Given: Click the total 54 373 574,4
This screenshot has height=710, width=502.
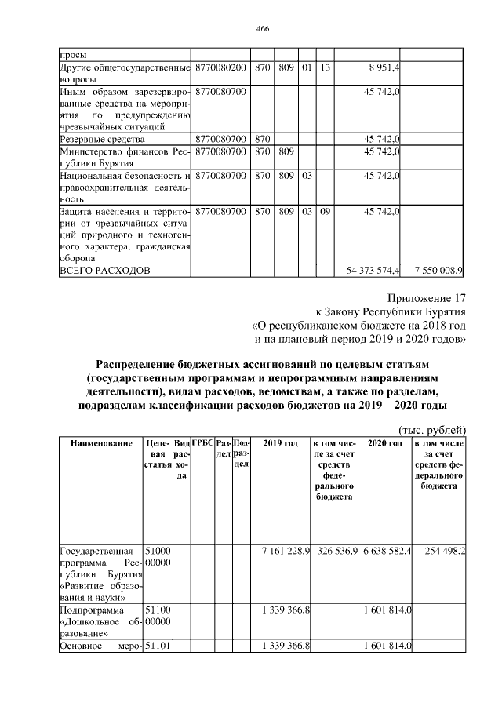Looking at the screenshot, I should tap(373, 270).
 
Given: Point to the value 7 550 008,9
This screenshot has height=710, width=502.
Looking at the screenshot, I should tap(438, 270).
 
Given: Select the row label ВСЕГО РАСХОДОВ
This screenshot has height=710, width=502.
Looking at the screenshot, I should tap(105, 270).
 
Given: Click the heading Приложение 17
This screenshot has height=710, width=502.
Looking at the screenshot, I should tap(427, 298).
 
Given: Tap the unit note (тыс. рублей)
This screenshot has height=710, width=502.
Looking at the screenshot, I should tap(433, 429).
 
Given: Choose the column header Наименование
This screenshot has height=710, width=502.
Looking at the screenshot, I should tap(101, 444).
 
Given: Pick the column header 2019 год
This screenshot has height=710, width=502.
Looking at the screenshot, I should tap(280, 444).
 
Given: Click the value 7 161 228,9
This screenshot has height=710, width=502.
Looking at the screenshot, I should tap(286, 552).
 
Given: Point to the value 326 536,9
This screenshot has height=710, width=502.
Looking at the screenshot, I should tap(338, 552).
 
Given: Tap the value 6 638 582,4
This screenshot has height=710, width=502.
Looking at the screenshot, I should tap(387, 552).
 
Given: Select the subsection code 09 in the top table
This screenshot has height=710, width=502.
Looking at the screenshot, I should tap(325, 211).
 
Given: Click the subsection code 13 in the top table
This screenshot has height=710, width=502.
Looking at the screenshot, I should tap(325, 68).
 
